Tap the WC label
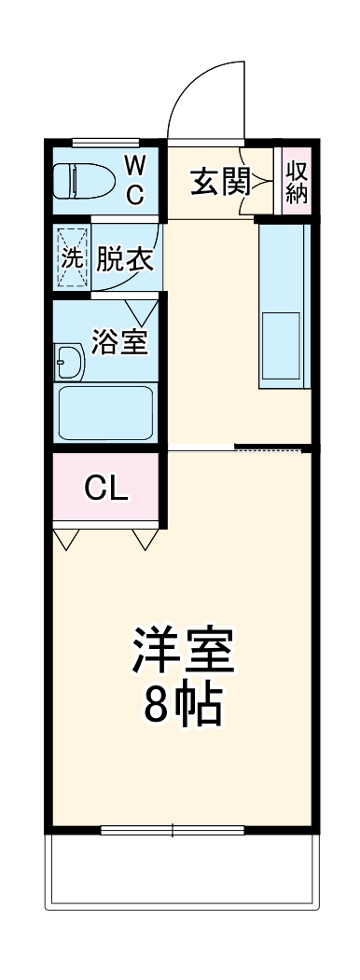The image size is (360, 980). pyautogui.click(x=134, y=181)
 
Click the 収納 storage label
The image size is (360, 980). pyautogui.click(x=297, y=181)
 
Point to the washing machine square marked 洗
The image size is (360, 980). pyautogui.click(x=72, y=258)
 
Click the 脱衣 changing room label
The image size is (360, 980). pyautogui.click(x=125, y=259)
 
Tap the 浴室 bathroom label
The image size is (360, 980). pyautogui.click(x=119, y=342)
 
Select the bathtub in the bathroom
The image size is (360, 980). pyautogui.click(x=105, y=412)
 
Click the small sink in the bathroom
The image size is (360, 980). pyautogui.click(x=69, y=361)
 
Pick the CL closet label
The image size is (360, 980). pyautogui.click(x=106, y=488)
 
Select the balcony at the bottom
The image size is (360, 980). pyautogui.click(x=182, y=872)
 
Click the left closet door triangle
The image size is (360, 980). pyautogui.click(x=67, y=540)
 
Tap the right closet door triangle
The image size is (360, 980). pyautogui.click(x=145, y=540)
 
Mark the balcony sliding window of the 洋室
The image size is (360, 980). pyautogui.click(x=173, y=829)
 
